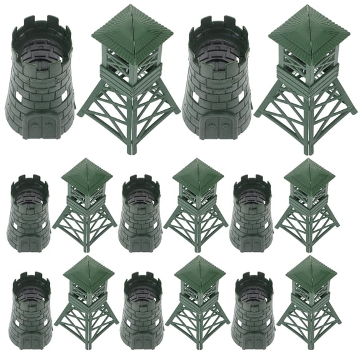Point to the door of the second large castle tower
217,127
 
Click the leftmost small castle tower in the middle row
29,216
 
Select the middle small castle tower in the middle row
141,216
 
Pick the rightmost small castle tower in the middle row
251,216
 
